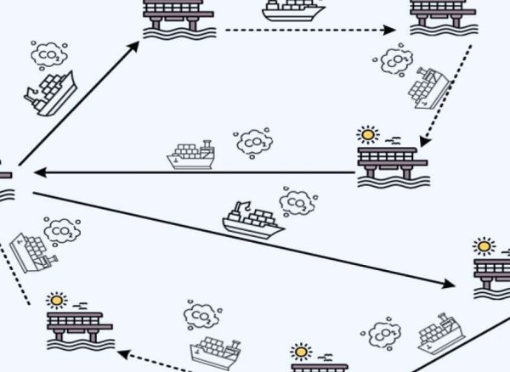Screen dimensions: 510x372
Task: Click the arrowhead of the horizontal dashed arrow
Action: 389,30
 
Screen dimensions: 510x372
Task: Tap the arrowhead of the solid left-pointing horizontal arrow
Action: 40,172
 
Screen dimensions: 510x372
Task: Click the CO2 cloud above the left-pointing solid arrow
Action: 253,143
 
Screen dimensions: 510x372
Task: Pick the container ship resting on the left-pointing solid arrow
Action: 191,155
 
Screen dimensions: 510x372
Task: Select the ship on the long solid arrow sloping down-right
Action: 252,220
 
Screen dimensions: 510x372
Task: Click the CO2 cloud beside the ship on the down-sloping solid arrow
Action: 298,202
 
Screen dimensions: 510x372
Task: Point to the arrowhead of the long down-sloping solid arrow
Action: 449,284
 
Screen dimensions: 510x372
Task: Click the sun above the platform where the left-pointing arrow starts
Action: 368,134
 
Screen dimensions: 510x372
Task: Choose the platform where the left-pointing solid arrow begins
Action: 393,167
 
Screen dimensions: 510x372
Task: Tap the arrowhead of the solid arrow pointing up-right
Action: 134,46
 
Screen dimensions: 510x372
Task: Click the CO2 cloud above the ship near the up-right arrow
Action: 48,55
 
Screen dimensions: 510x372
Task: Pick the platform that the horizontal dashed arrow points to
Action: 444,17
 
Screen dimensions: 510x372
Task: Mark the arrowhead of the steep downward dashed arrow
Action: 424,142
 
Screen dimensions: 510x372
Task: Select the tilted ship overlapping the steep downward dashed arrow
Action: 429,88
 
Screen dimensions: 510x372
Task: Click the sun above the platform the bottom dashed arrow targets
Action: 57,301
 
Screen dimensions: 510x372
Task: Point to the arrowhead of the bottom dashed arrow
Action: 123,354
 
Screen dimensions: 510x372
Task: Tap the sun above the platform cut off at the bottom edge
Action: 301,352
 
